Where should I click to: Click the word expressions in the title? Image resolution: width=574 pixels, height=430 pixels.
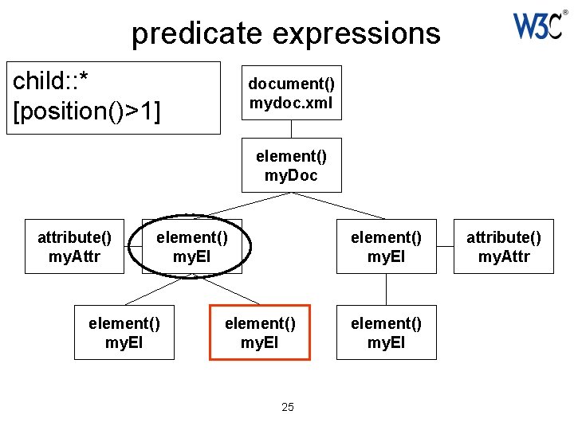356,33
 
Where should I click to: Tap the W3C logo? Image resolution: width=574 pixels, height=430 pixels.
537,25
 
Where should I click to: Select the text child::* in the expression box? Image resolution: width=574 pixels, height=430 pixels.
52,82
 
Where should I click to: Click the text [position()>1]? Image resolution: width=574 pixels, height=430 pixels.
87,111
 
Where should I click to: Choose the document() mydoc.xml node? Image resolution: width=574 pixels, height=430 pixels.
291,92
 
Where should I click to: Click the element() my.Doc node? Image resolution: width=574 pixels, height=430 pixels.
291,166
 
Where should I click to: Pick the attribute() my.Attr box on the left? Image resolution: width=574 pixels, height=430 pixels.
74,246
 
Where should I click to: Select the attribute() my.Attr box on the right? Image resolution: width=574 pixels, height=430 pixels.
503,246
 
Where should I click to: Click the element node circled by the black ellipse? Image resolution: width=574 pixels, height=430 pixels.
191,246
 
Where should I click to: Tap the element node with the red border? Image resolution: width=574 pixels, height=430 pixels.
260,332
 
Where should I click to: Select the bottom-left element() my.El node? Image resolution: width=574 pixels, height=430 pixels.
124,332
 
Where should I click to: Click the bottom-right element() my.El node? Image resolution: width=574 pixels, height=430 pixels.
386,332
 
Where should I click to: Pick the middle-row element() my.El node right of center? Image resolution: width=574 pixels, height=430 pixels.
386,246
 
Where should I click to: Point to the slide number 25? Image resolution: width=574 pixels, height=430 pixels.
288,407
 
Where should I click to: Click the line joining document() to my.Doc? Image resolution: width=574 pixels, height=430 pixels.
291,128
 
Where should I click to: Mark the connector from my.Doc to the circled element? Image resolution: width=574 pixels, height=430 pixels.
242,205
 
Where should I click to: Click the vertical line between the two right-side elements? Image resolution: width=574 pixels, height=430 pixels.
386,289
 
